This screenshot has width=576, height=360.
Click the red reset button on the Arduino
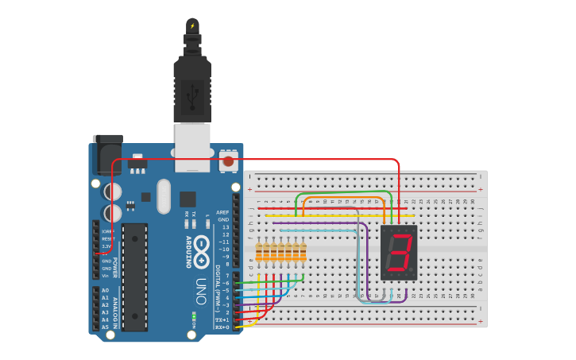point(229,161)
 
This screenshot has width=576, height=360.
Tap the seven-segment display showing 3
point(400,252)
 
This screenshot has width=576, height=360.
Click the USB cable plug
point(192,87)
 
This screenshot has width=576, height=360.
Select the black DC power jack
point(106,155)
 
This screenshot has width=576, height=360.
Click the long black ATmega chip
point(134,277)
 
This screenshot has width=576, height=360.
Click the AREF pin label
point(222,212)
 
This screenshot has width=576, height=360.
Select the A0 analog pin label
point(105,290)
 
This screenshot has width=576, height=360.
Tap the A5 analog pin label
point(105,327)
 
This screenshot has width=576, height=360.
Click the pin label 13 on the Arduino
point(225,227)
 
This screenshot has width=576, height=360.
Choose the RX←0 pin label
point(222,327)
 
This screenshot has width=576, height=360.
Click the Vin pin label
point(106,276)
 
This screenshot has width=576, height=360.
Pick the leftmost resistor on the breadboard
point(259,252)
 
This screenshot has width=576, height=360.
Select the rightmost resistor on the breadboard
point(303,252)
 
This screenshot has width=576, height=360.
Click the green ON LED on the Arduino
point(193,316)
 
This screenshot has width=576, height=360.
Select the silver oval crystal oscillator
point(164,195)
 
